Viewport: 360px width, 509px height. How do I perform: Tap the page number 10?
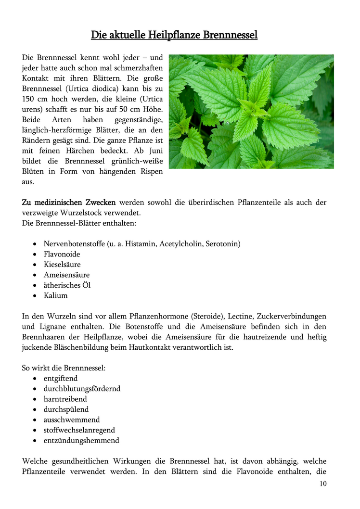[322, 484]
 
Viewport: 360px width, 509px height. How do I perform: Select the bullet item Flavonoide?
[62, 254]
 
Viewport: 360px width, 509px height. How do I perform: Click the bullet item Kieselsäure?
[62, 265]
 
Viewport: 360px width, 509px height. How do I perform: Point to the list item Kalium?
[55, 295]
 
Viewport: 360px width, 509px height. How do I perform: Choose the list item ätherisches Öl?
[67, 285]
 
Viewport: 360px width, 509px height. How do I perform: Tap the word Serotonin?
[222, 244]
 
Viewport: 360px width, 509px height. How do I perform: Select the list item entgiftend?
[60, 379]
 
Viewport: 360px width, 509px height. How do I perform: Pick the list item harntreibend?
[65, 399]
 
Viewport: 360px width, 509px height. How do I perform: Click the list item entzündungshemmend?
[81, 441]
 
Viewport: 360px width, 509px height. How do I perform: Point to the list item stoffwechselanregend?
[79, 430]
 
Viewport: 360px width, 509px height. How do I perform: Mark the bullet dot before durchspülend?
[36, 410]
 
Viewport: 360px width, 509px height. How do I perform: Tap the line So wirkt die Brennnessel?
[64, 368]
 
